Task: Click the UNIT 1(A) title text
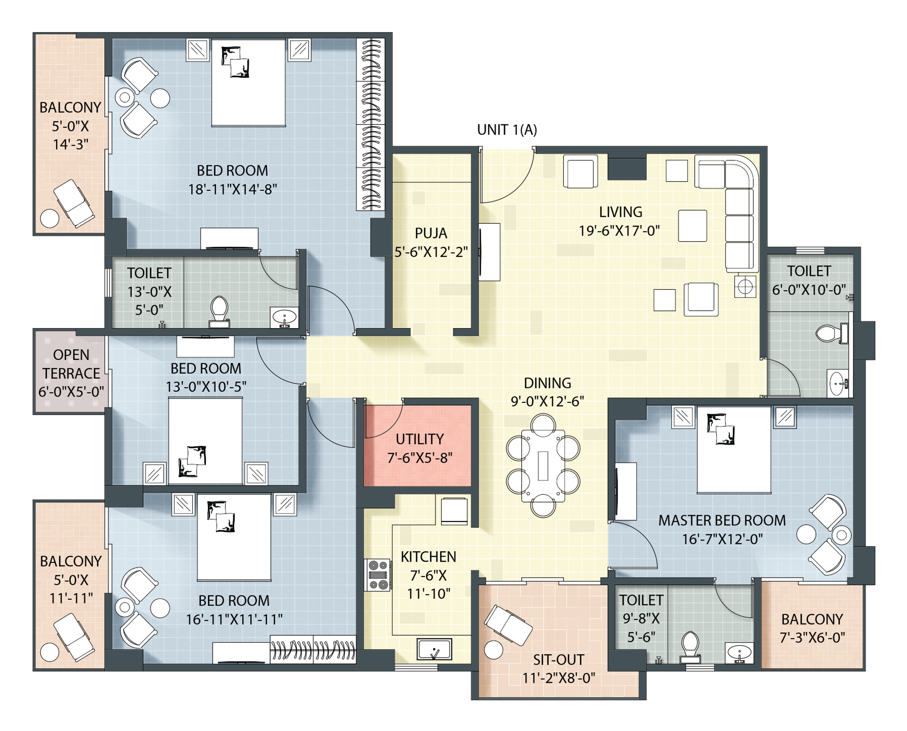point(507,130)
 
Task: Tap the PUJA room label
point(431,233)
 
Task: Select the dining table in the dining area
point(543,466)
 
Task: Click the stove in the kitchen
point(377,575)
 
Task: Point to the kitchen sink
point(434,649)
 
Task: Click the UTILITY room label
point(419,439)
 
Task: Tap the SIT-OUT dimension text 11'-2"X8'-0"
point(559,678)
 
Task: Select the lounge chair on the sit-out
point(508,625)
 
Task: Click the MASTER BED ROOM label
point(722,520)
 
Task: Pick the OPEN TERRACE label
point(71,364)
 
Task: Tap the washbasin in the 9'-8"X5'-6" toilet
point(739,653)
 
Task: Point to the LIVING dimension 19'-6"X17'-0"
point(619,230)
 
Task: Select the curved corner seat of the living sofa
point(742,173)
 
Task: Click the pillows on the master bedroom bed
point(721,429)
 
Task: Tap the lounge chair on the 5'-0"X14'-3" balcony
point(74,203)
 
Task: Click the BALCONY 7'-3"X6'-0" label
point(812,628)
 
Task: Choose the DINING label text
point(547,383)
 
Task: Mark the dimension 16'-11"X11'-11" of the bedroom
point(234,619)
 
